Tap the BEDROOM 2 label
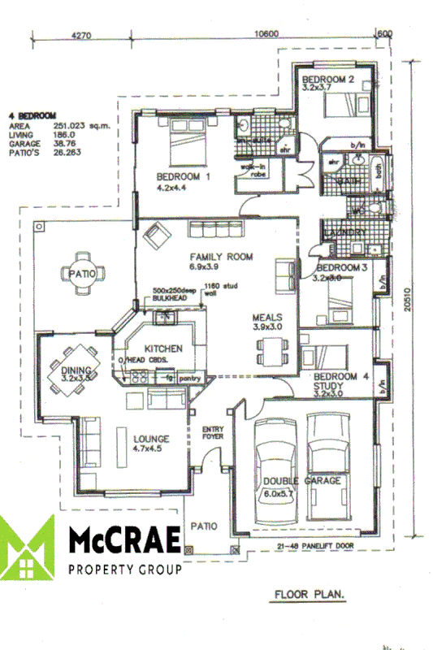(327, 80)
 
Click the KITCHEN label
(163, 349)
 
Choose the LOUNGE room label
(151, 440)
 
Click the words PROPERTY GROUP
(125, 570)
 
